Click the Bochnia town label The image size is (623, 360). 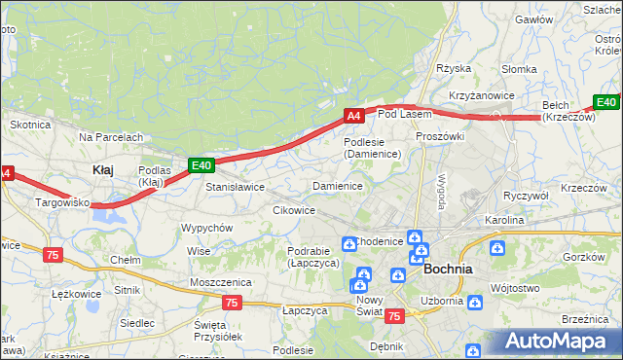(x=449, y=269)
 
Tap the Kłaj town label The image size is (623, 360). (x=102, y=169)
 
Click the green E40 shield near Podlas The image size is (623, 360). (x=201, y=165)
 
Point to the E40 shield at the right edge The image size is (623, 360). (x=606, y=102)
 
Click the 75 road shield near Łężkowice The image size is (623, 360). (x=54, y=254)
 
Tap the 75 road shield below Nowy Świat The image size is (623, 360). (x=394, y=316)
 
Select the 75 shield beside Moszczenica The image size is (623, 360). (x=232, y=303)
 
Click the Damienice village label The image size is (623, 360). (x=338, y=185)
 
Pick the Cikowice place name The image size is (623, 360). (x=293, y=210)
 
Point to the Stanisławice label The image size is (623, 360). (x=235, y=186)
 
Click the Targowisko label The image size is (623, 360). (x=62, y=203)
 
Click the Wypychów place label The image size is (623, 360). (x=206, y=228)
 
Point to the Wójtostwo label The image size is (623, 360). (x=516, y=288)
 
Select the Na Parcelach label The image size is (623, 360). (x=112, y=137)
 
